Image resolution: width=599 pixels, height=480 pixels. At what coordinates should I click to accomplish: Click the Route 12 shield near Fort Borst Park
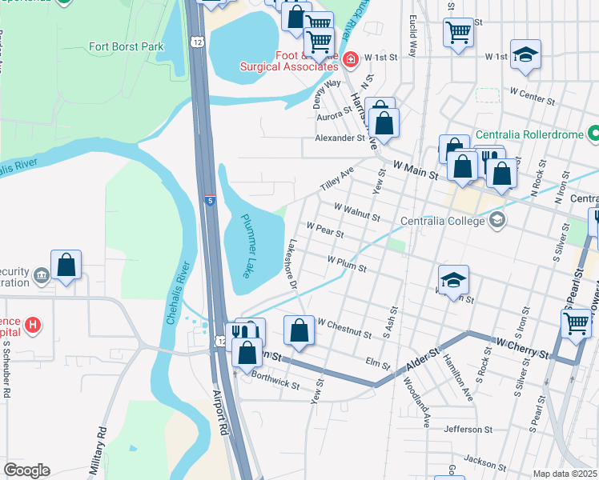tap(196, 41)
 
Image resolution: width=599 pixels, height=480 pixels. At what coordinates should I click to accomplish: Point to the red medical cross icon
tap(349, 59)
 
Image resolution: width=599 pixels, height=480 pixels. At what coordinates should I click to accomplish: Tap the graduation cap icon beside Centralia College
tap(496, 220)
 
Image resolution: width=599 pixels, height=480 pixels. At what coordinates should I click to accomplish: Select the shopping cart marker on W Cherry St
tap(577, 323)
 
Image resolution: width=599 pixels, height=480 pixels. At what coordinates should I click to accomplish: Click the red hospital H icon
tap(32, 325)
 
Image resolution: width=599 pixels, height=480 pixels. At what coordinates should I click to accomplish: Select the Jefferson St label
tap(470, 430)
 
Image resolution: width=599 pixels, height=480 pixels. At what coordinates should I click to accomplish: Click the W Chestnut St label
tap(344, 327)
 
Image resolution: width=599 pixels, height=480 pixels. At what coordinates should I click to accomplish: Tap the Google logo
tap(26, 470)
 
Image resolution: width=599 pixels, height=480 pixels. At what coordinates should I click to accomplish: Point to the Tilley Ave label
tap(336, 180)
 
